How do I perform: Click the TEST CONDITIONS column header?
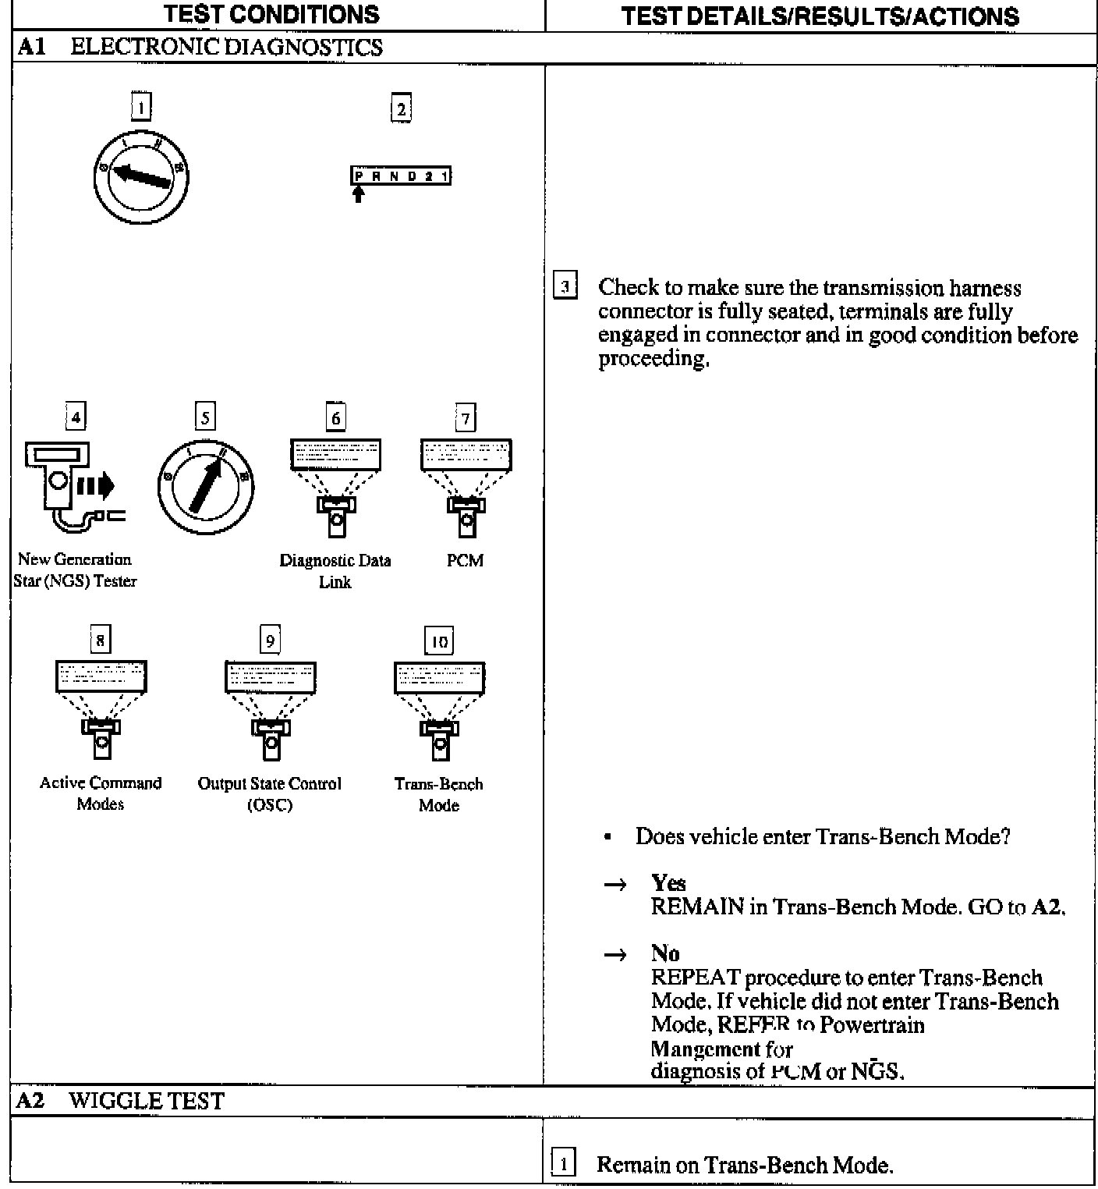[x=272, y=14]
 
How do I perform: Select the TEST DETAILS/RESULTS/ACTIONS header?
[x=820, y=16]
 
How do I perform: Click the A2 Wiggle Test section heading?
[x=121, y=1101]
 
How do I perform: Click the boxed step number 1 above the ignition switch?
[x=141, y=106]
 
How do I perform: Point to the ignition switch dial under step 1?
[x=141, y=176]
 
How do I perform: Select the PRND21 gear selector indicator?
[x=401, y=176]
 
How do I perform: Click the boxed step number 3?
[x=565, y=286]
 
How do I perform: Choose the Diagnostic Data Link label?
[x=335, y=571]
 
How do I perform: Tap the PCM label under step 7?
[x=466, y=561]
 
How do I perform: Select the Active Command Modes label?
[x=101, y=793]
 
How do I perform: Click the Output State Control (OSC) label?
[x=270, y=794]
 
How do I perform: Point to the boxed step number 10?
[x=439, y=641]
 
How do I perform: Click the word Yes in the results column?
[x=668, y=883]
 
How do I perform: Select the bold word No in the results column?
[x=665, y=953]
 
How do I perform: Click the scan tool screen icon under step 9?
[x=271, y=676]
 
